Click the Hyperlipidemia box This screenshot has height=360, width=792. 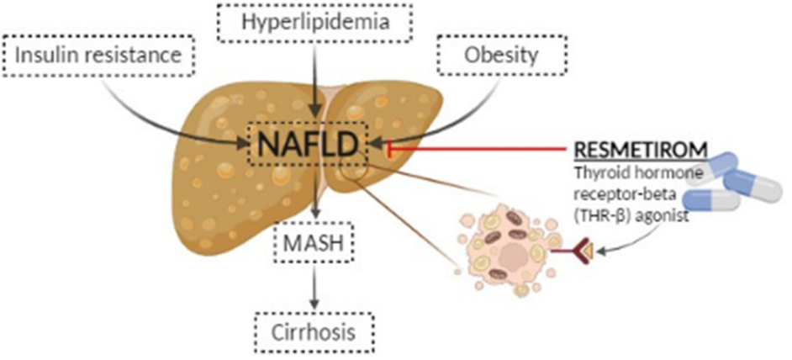pyautogui.click(x=315, y=24)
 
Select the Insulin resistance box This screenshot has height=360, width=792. pyautogui.click(x=98, y=57)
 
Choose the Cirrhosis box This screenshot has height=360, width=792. pyautogui.click(x=313, y=328)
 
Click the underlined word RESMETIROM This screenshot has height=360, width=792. pyautogui.click(x=640, y=150)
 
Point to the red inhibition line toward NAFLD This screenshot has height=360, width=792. pyautogui.click(x=479, y=150)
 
